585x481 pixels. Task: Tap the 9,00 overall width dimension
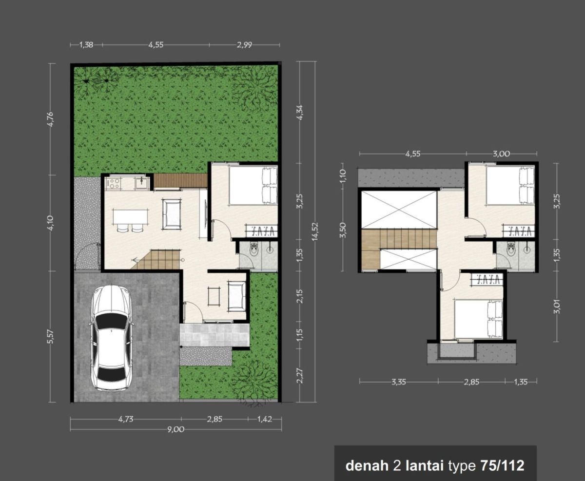(x=175, y=429)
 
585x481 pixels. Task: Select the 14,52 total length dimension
(x=315, y=231)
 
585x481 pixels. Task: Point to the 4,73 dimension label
(x=126, y=419)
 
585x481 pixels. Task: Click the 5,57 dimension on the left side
(x=51, y=337)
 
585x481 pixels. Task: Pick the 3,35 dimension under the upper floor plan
(x=399, y=382)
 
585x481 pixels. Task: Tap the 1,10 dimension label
(x=343, y=176)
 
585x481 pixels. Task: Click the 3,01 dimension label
(x=558, y=307)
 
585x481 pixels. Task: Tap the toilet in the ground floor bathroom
(x=254, y=249)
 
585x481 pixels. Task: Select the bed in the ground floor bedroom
(x=253, y=185)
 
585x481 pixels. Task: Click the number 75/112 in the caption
(x=502, y=466)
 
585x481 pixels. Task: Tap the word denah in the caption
(x=367, y=466)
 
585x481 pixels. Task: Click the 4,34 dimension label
(x=300, y=113)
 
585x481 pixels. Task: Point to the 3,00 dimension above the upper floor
(x=501, y=154)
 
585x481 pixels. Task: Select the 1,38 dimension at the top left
(x=86, y=45)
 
